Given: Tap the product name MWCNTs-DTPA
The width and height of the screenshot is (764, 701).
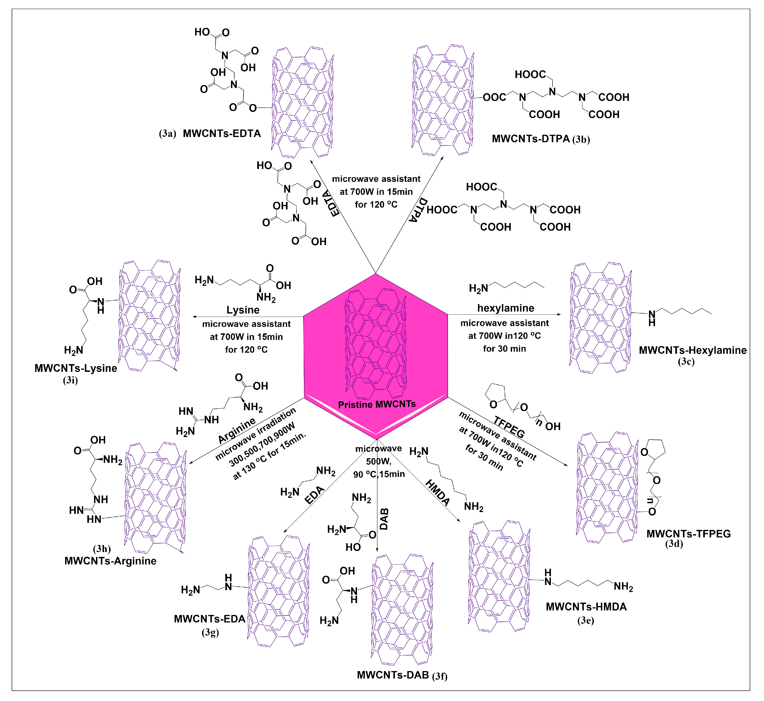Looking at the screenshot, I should pyautogui.click(x=531, y=139).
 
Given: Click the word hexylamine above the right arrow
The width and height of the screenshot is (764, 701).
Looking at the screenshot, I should pyautogui.click(x=506, y=308).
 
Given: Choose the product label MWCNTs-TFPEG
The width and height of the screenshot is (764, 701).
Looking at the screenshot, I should pyautogui.click(x=688, y=534).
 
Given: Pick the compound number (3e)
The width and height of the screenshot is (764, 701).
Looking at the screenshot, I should pyautogui.click(x=586, y=621).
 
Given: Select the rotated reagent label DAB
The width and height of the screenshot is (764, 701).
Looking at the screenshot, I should pyautogui.click(x=384, y=519).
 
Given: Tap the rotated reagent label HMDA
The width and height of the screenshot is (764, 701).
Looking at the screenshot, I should pyautogui.click(x=438, y=493).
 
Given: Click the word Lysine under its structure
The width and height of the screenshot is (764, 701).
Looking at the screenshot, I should pyautogui.click(x=243, y=310).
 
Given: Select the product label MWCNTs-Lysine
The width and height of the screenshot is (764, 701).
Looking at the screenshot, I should pyautogui.click(x=76, y=368).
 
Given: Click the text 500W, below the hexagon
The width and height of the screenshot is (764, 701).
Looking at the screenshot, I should pyautogui.click(x=378, y=462).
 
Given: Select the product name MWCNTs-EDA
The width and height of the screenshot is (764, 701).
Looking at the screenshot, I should pyautogui.click(x=210, y=619).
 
